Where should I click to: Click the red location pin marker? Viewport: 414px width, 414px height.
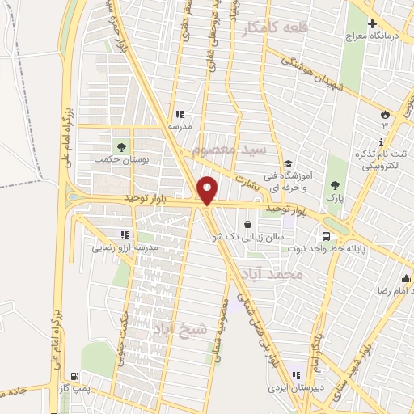coord(209,191)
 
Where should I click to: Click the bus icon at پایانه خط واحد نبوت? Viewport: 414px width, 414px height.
coord(326,236)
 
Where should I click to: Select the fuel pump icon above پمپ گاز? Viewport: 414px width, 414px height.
coord(74,376)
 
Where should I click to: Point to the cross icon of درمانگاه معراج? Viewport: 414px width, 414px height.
coord(372,24)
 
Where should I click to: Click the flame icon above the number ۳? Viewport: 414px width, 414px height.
coord(385,114)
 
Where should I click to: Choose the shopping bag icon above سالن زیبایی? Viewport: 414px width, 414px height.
coord(247,224)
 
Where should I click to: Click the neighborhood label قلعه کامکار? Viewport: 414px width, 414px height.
coord(273,30)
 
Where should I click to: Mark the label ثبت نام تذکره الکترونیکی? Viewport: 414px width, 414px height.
coord(379,160)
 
